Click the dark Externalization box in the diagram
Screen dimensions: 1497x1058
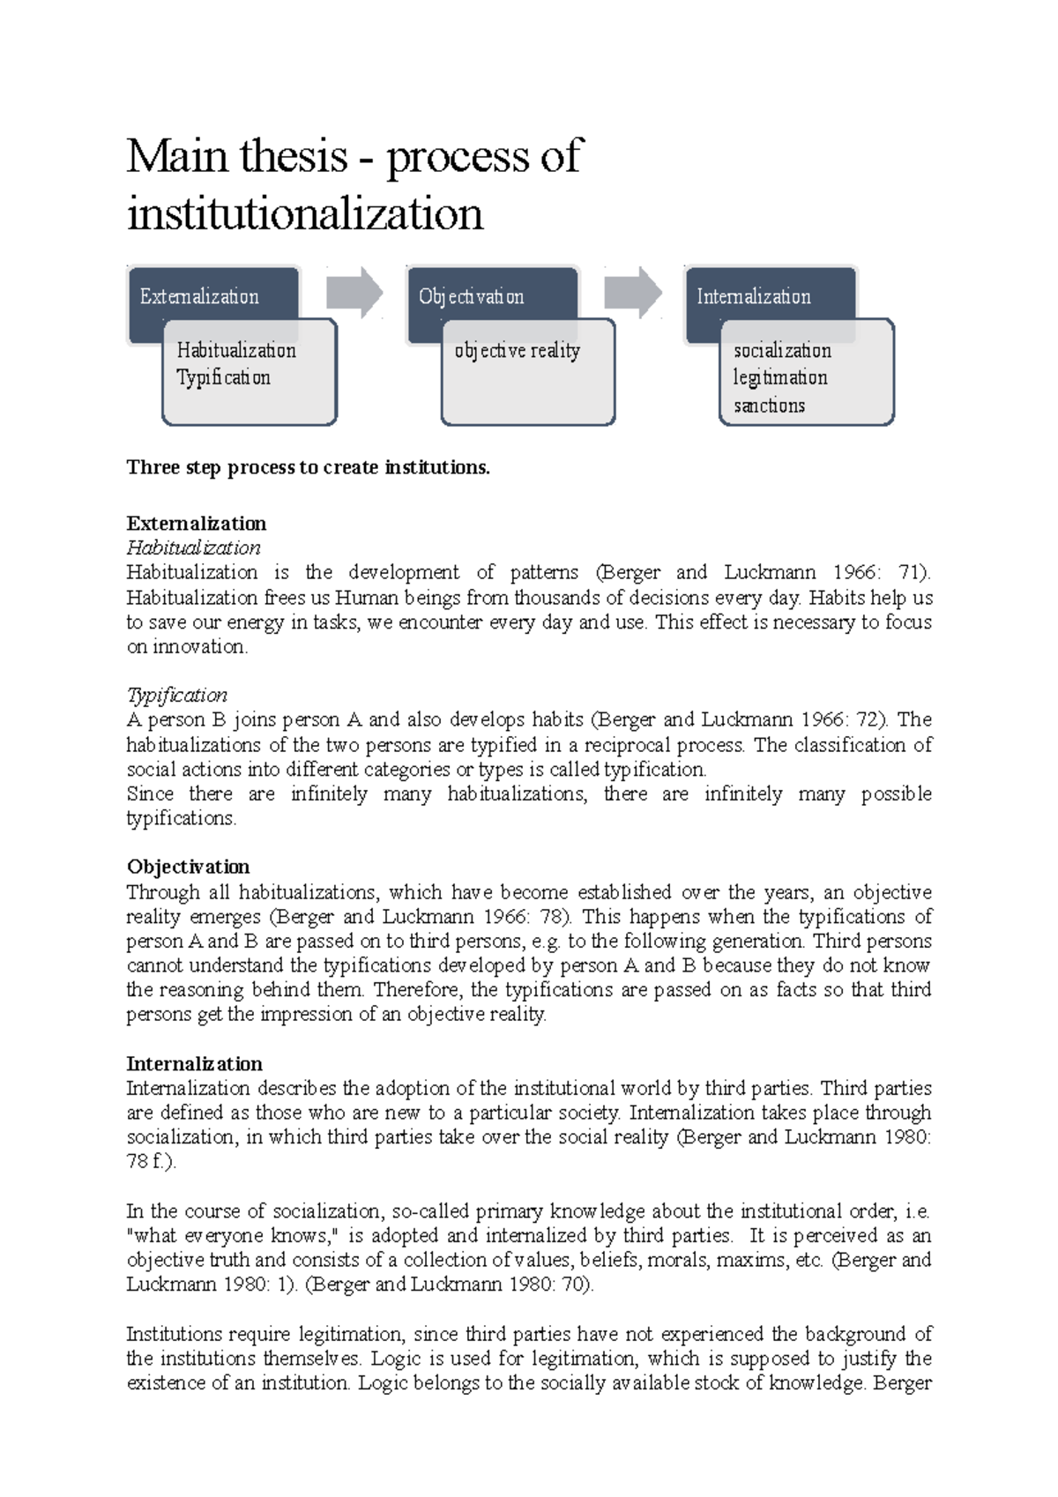199,297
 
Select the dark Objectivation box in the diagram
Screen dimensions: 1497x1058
472,297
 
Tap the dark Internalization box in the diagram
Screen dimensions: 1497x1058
754,297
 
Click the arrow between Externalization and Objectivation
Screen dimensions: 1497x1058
354,293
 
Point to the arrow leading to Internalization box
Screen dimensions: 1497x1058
633,293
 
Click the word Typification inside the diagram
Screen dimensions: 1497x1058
223,377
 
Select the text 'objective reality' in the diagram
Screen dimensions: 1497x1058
518,351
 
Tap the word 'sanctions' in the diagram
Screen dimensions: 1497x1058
769,406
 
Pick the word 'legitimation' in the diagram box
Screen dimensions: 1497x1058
780,377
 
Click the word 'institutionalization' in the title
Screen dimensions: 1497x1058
305,214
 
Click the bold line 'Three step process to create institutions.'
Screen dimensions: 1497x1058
308,467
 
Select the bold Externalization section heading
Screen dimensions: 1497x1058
196,524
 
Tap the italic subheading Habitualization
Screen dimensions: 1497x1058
193,547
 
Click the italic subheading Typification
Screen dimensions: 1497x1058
176,695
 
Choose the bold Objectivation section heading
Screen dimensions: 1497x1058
188,867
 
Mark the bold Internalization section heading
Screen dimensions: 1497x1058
194,1064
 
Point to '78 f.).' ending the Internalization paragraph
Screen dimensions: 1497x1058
152,1162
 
